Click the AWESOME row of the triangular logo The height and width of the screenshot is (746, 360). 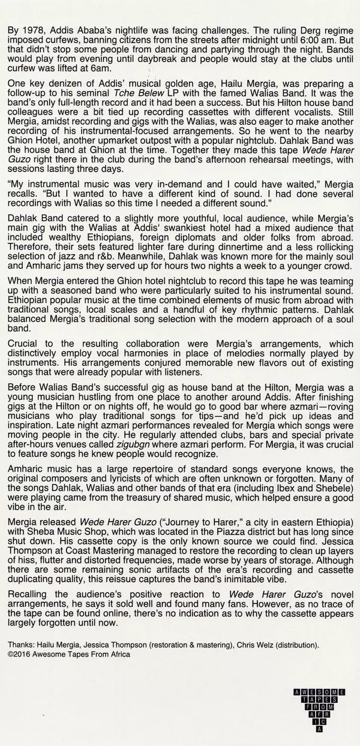pyautogui.click(x=317, y=692)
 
